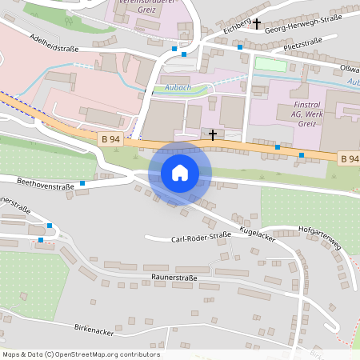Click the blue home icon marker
[180, 173]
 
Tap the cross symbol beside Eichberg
[257, 24]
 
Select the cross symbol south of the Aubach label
[213, 134]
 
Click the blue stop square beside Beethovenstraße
[82, 183]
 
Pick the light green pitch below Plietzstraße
[270, 64]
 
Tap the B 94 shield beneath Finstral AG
[349, 158]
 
